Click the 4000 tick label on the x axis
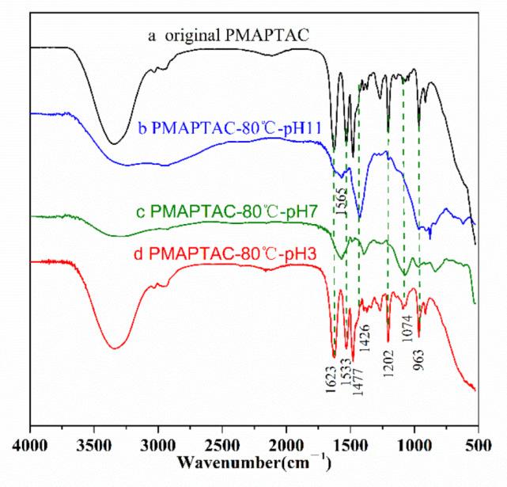pyautogui.click(x=30, y=447)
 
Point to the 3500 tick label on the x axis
pyautogui.click(x=94, y=447)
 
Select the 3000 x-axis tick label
pyautogui.click(x=157, y=447)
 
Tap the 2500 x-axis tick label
pyautogui.click(x=221, y=447)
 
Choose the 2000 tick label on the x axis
pyautogui.click(x=285, y=447)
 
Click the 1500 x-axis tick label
pyautogui.click(x=349, y=447)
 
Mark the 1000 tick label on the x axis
pyautogui.click(x=412, y=447)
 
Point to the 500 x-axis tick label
pyautogui.click(x=475, y=447)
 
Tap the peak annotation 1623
pyautogui.click(x=334, y=377)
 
